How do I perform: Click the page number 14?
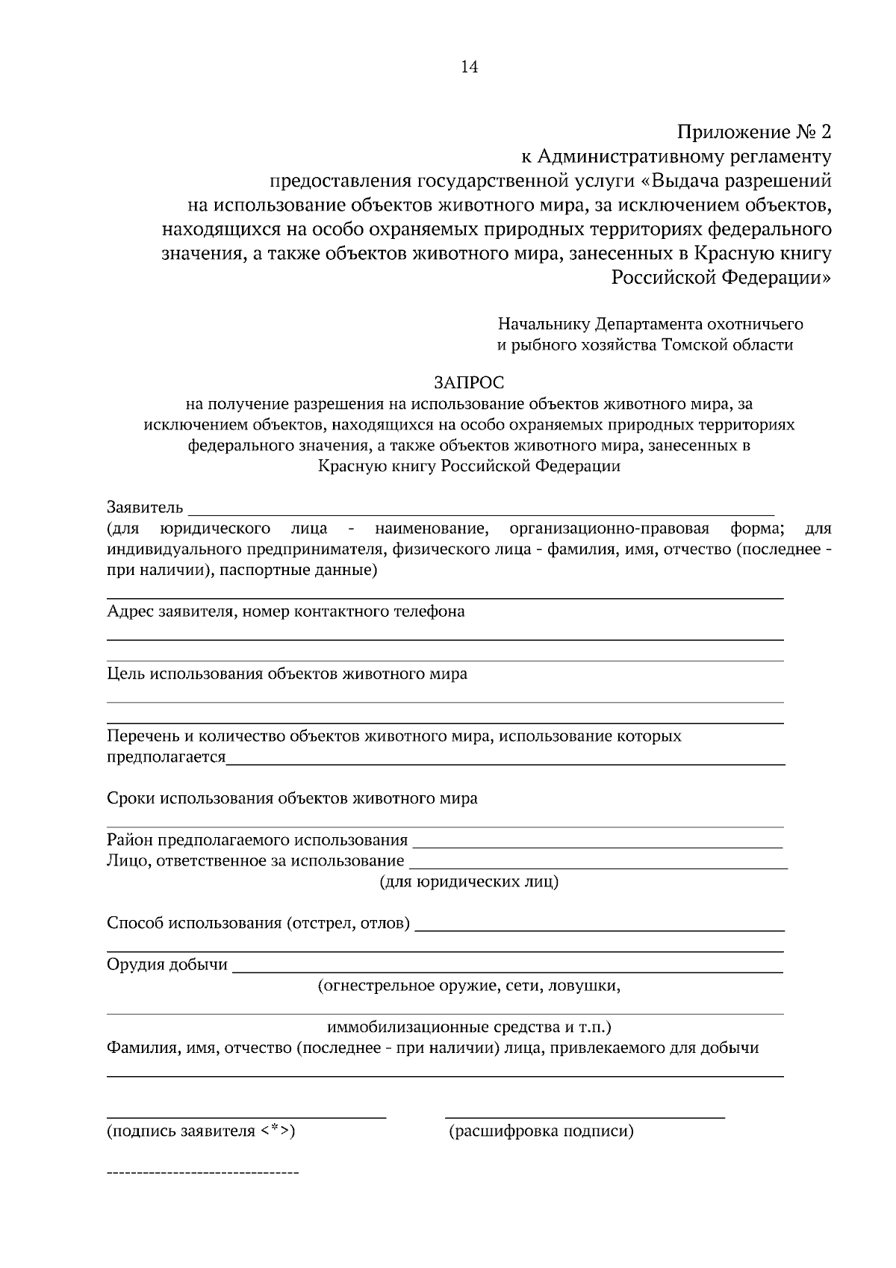[x=469, y=67]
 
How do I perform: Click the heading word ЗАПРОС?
[x=469, y=383]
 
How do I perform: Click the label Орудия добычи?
[x=167, y=964]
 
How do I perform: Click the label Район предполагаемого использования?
[x=258, y=840]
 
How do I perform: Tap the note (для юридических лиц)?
[x=470, y=882]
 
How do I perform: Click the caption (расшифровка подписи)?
[x=541, y=1131]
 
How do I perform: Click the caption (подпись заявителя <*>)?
[x=202, y=1131]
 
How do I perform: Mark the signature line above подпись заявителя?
[x=246, y=1117]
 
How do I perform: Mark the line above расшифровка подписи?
[x=585, y=1117]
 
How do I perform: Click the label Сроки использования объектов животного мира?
[x=292, y=798]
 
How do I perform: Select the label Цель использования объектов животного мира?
[x=287, y=674]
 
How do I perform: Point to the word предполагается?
[x=166, y=757]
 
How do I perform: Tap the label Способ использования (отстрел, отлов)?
[x=258, y=923]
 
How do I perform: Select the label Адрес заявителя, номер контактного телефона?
[x=285, y=612]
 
